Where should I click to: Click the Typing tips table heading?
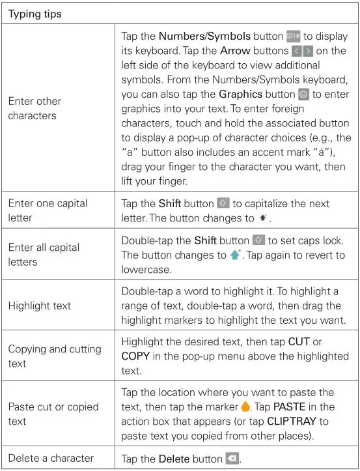click(35, 14)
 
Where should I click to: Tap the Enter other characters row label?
click(35, 108)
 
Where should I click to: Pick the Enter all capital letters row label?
click(44, 254)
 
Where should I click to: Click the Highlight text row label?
click(40, 305)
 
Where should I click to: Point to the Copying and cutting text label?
click(54, 356)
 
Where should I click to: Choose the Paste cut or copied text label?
click(53, 414)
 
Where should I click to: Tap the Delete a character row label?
click(51, 457)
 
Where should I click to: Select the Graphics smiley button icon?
click(303, 94)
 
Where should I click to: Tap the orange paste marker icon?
click(245, 407)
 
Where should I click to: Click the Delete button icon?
click(232, 458)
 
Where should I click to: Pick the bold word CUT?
click(299, 342)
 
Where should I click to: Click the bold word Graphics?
click(240, 94)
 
